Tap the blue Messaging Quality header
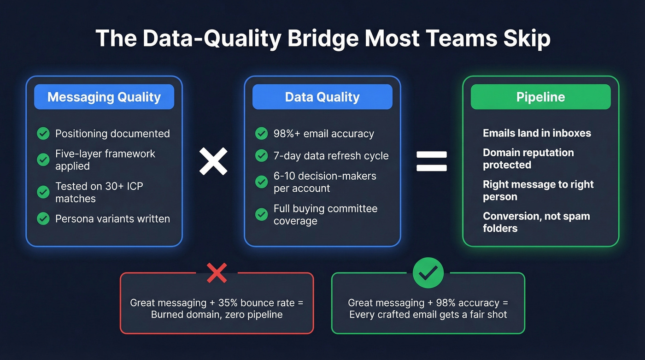pos(104,97)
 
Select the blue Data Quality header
pos(322,97)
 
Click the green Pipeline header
pos(540,97)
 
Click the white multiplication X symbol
pos(213,161)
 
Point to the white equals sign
pos(432,161)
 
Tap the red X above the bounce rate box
pos(217,273)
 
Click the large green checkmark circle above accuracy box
pos(428,273)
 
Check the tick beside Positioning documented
pos(43,134)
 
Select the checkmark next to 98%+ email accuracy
pos(261,134)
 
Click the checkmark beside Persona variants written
pos(43,218)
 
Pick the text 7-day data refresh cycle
pos(331,156)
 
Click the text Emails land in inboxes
pos(537,133)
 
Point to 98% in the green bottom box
pos(437,303)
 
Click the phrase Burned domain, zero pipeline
pos(217,315)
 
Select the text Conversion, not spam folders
pos(536,222)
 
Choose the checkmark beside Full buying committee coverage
pos(261,214)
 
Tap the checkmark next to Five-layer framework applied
pos(43,159)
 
